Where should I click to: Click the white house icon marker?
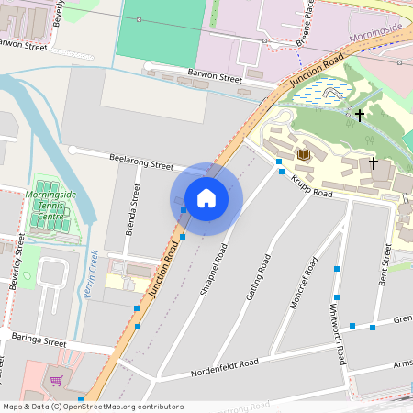tap(206, 198)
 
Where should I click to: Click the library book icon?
tap(303, 154)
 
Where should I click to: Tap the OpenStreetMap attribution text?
tap(92, 407)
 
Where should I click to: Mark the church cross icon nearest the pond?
tap(359, 115)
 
